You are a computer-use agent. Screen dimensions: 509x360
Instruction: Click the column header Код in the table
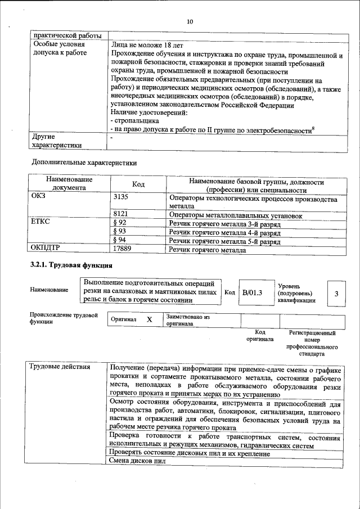pos(138,184)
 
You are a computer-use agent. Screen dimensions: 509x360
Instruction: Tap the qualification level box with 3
pos(336,294)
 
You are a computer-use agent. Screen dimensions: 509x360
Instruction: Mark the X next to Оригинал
pos(149,319)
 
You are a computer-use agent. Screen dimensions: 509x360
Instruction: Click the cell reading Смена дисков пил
pos(138,462)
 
